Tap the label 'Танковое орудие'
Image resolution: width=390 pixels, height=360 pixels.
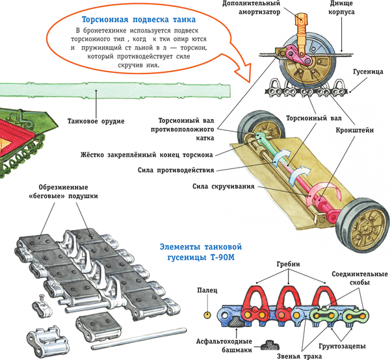(96, 121)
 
